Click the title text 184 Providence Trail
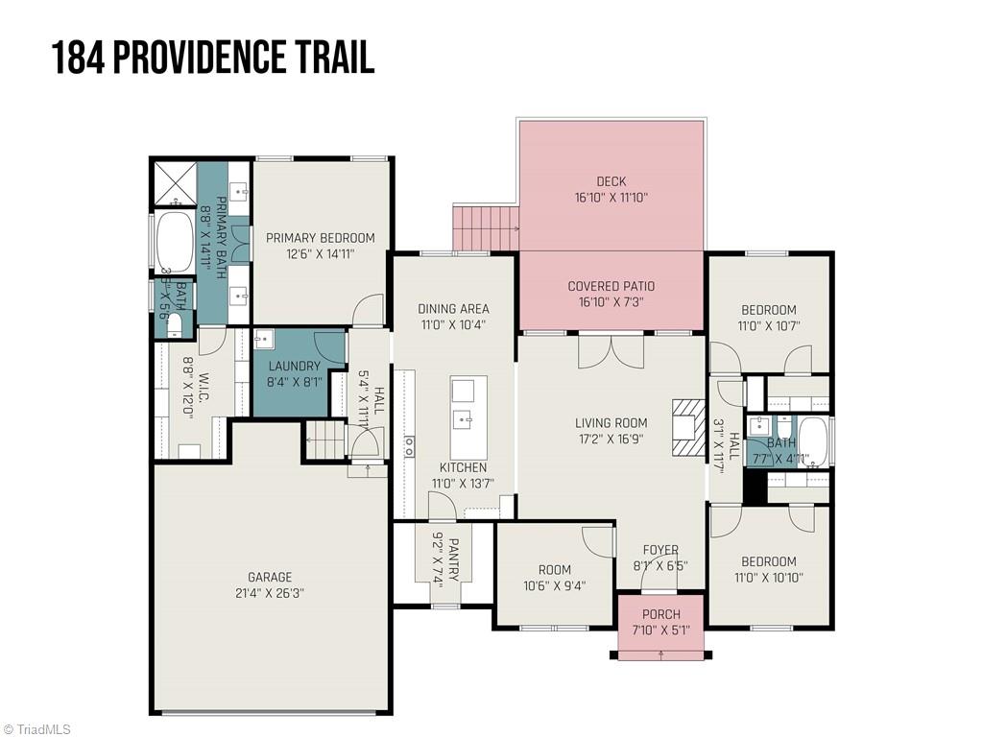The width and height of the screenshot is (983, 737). [212, 58]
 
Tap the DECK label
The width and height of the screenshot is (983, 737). [611, 181]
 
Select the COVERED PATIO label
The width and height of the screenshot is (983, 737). [611, 286]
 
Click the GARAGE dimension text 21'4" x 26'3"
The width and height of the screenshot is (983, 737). [270, 593]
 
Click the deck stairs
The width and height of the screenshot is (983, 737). [486, 228]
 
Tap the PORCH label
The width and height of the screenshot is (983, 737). [660, 614]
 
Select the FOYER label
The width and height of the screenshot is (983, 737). [660, 550]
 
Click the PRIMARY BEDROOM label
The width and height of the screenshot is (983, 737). [321, 238]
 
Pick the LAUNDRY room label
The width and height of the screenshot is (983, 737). [294, 366]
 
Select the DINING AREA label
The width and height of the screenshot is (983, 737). [453, 308]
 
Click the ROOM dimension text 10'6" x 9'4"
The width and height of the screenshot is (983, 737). [554, 585]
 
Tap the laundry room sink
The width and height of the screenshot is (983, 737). [264, 340]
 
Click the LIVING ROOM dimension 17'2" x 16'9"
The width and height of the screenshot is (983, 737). [611, 439]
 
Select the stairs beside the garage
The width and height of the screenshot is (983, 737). [325, 440]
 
